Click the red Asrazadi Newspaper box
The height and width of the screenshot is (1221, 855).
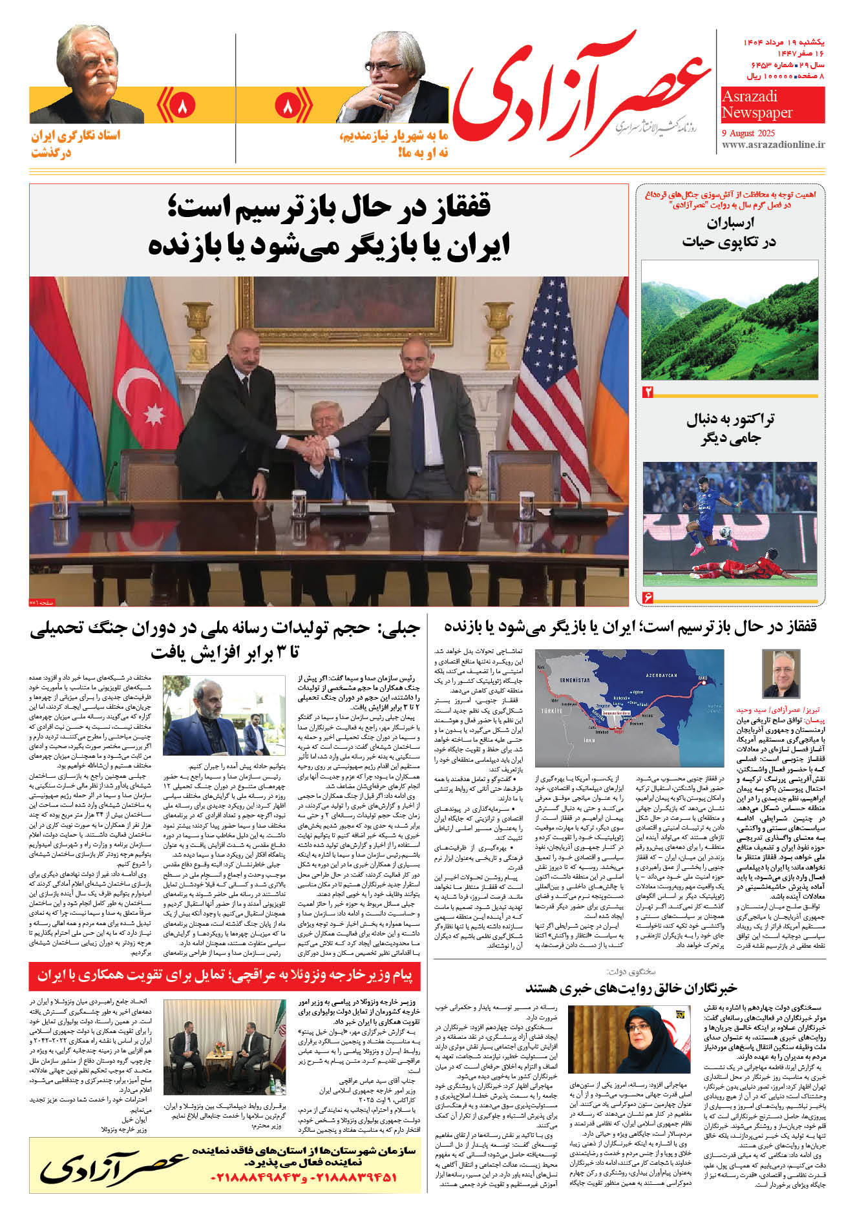[x=772, y=105]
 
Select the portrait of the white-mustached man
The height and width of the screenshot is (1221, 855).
[x=88, y=74]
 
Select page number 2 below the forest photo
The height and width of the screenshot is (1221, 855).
[x=648, y=392]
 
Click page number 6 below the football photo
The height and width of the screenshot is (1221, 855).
[x=648, y=597]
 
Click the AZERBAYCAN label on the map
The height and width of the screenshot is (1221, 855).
[x=660, y=676]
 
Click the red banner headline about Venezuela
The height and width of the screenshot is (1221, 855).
[x=224, y=976]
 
